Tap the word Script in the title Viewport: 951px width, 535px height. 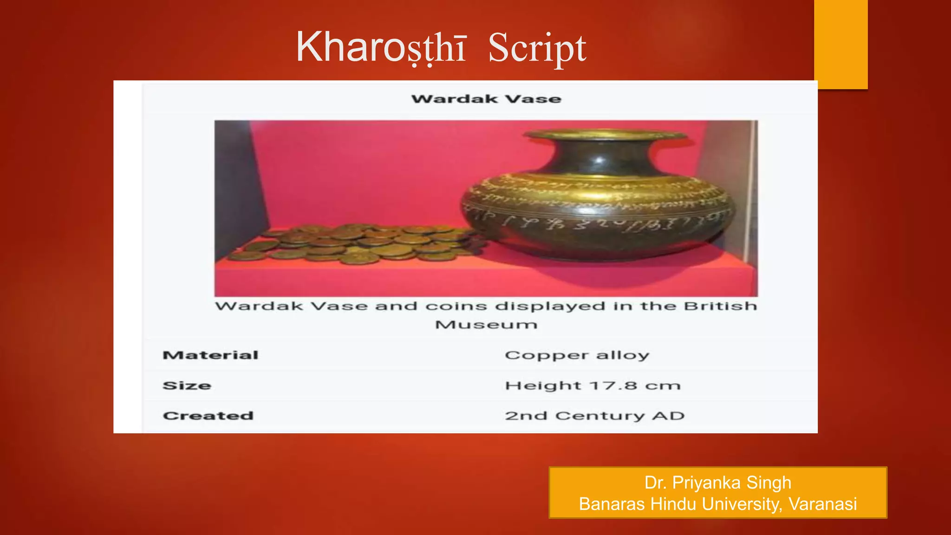[537, 48]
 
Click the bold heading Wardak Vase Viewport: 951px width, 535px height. [486, 99]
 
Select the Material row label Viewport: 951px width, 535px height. [210, 355]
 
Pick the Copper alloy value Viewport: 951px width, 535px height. [577, 355]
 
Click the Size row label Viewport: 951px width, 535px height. [187, 385]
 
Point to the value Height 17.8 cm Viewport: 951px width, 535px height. [593, 385]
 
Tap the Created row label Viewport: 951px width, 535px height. [208, 416]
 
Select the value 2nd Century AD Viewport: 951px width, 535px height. [594, 416]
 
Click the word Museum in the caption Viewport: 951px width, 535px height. [486, 324]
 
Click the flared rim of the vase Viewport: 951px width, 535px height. [604, 135]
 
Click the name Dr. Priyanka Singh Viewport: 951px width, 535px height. [717, 483]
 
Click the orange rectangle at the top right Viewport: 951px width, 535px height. [840, 44]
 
